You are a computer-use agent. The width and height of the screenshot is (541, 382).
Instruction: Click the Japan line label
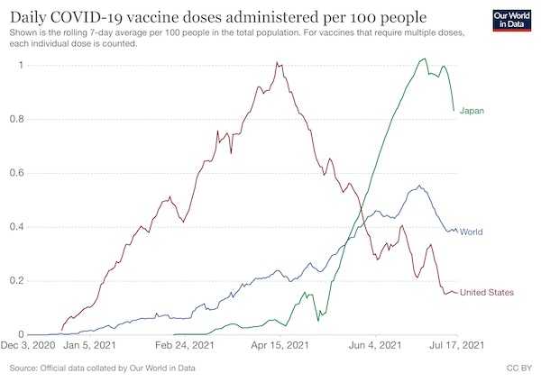472,111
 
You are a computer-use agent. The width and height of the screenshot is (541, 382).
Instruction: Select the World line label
471,232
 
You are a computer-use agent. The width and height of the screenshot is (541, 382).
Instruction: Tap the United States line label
487,293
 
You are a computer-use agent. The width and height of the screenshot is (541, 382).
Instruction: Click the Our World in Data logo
512,21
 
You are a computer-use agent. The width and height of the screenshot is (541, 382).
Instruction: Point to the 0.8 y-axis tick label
16,119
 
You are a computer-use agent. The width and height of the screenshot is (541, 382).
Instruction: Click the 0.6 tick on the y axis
16,173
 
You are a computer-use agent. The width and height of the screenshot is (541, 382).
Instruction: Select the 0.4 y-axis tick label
16,227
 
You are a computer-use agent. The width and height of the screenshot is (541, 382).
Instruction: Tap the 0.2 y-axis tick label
16,280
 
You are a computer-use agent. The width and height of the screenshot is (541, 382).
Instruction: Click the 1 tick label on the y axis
22,65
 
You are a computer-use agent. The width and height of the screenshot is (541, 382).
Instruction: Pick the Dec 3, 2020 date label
28,345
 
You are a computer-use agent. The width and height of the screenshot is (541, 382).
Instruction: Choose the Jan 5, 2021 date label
89,345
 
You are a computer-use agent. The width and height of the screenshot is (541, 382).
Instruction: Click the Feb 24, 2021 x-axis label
185,345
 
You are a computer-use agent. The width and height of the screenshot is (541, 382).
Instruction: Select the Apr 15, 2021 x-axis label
280,345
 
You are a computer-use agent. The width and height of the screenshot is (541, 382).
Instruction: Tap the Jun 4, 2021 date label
375,345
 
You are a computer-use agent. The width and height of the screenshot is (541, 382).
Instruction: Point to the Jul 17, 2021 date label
456,345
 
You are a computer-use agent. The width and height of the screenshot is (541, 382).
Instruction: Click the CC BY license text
519,368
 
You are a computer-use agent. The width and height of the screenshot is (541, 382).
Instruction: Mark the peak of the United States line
277,62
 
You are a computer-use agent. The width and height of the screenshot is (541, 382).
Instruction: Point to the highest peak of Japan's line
425,59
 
